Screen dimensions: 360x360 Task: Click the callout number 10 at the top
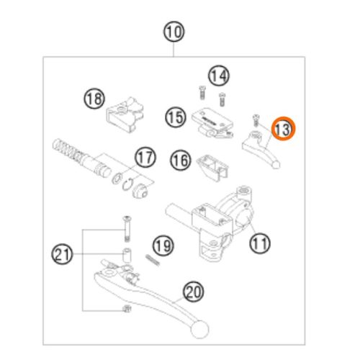(x=174, y=32)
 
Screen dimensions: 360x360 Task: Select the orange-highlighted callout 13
(x=283, y=129)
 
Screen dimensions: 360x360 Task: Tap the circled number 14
(x=219, y=76)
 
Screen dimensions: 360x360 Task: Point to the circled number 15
(x=176, y=117)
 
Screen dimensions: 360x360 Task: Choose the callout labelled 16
(x=181, y=160)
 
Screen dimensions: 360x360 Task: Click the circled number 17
(x=145, y=158)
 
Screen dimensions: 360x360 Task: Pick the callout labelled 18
(x=94, y=99)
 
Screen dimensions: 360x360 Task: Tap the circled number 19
(x=163, y=246)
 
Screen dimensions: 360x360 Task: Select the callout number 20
(x=194, y=292)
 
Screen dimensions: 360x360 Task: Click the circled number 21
(x=62, y=254)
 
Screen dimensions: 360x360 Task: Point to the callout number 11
(x=260, y=243)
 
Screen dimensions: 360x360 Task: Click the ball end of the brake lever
(x=199, y=330)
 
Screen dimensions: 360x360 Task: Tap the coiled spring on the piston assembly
(x=66, y=149)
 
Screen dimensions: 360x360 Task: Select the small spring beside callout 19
(x=153, y=260)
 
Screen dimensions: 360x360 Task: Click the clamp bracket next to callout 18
(x=125, y=114)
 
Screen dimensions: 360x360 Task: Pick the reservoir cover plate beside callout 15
(x=212, y=123)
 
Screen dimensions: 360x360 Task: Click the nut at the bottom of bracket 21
(x=127, y=309)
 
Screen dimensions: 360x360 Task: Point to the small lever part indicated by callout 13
(x=261, y=150)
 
